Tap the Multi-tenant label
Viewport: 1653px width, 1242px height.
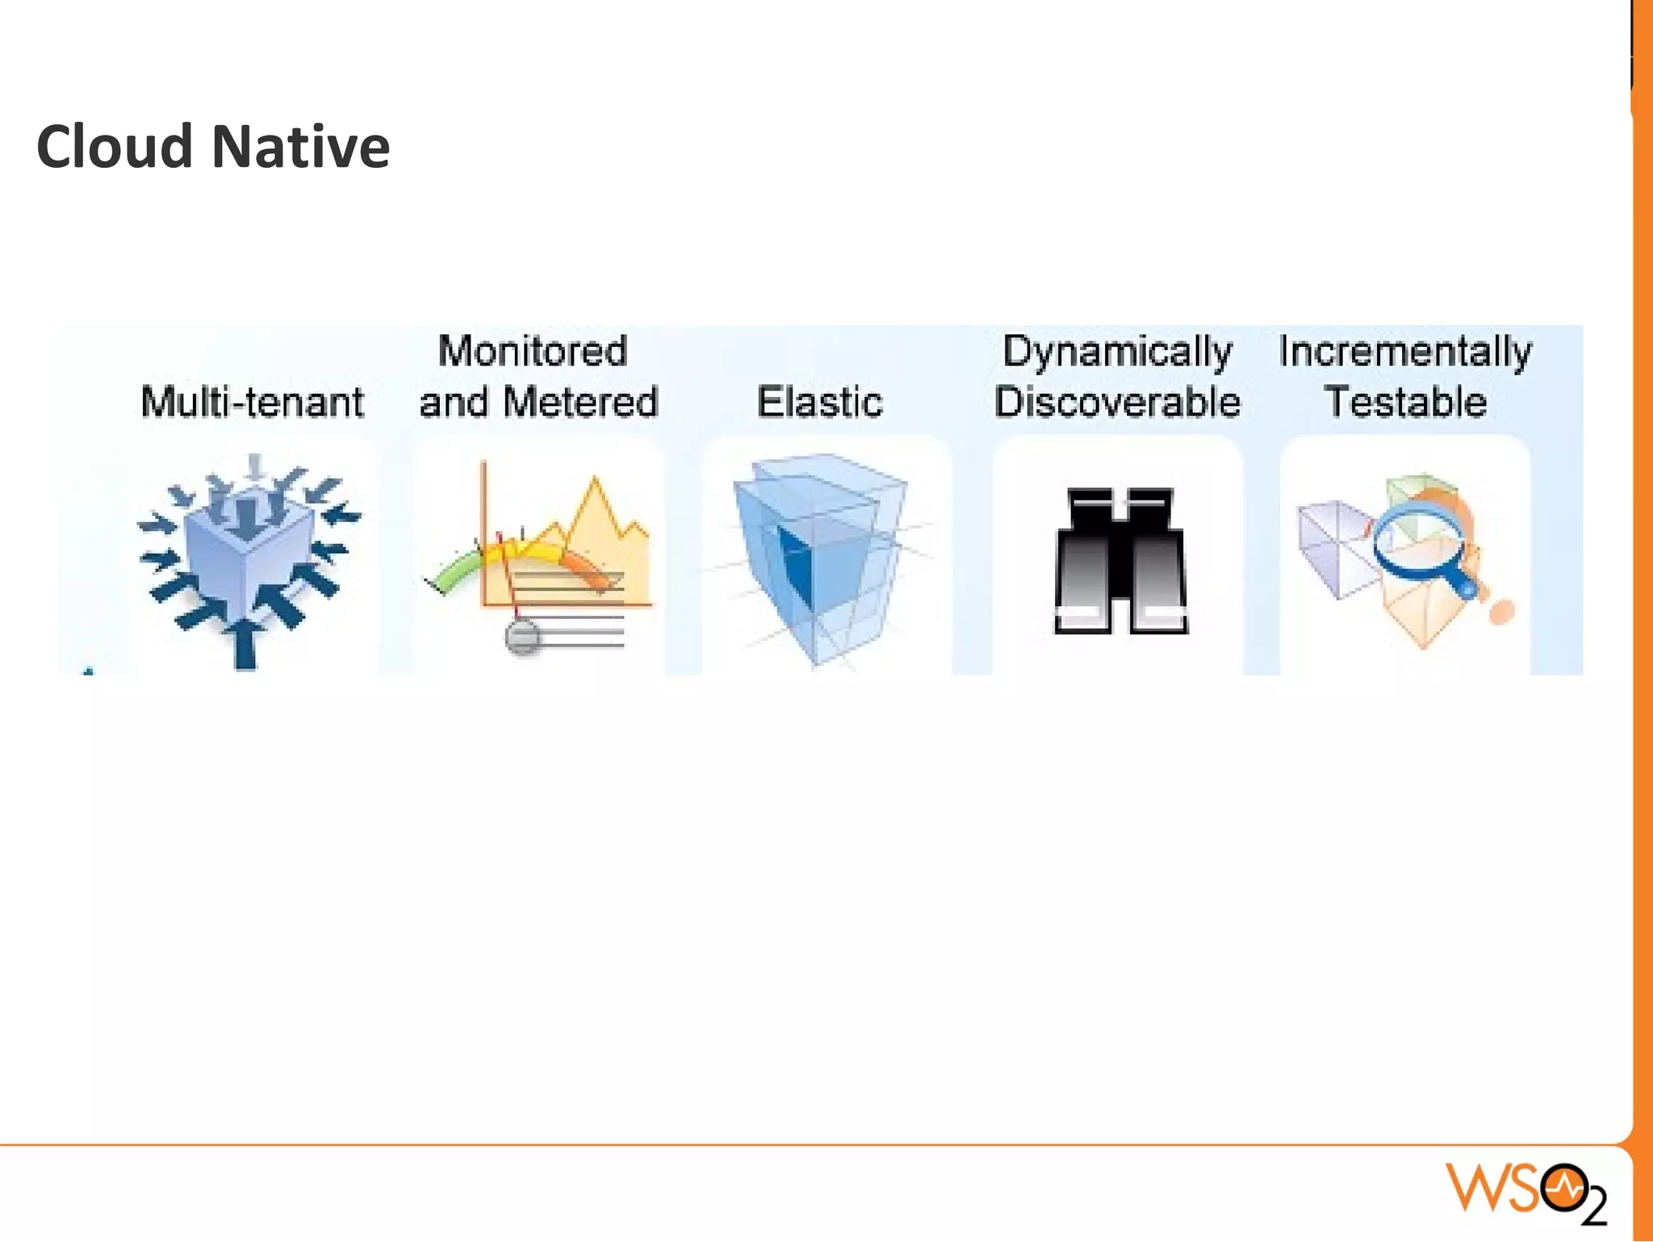[x=252, y=402]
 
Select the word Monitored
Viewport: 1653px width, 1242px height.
[x=532, y=351]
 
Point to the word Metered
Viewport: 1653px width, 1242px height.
[x=580, y=402]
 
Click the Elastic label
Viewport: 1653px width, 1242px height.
[x=819, y=402]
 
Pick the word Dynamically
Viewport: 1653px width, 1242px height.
[x=1117, y=351]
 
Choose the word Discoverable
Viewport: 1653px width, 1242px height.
[x=1117, y=402]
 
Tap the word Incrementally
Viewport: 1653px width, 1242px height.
[x=1405, y=351]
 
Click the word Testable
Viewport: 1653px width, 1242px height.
[x=1405, y=402]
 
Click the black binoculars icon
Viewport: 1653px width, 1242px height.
[x=1120, y=560]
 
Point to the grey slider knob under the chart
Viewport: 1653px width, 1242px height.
[x=522, y=636]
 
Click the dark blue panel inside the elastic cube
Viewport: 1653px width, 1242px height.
[x=795, y=565]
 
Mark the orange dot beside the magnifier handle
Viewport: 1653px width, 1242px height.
[x=1501, y=611]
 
